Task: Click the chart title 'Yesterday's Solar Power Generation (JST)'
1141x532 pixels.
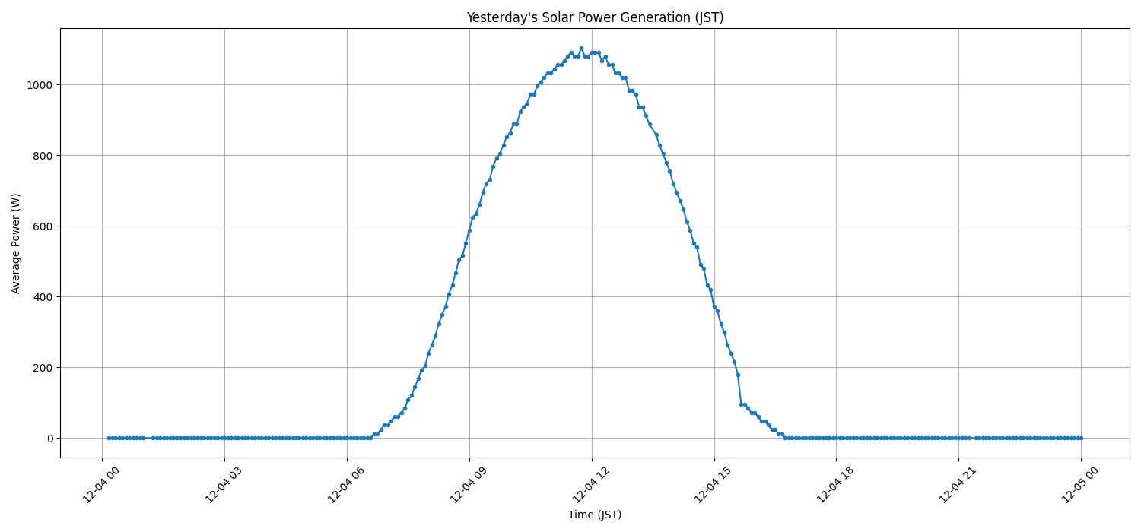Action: (x=595, y=17)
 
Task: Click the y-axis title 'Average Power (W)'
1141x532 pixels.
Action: (x=16, y=243)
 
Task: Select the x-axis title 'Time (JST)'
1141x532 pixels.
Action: (x=595, y=515)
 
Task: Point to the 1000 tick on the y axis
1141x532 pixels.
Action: (x=40, y=85)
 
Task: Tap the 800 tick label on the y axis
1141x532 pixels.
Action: (x=43, y=156)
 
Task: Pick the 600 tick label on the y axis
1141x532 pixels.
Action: (x=43, y=226)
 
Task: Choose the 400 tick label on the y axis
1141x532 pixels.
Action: (x=43, y=297)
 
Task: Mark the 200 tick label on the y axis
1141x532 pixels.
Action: (x=43, y=368)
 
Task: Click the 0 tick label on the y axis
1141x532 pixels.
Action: (x=50, y=439)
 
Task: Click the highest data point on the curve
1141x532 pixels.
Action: (x=581, y=48)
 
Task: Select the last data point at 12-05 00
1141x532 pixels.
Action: (x=1080, y=438)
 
